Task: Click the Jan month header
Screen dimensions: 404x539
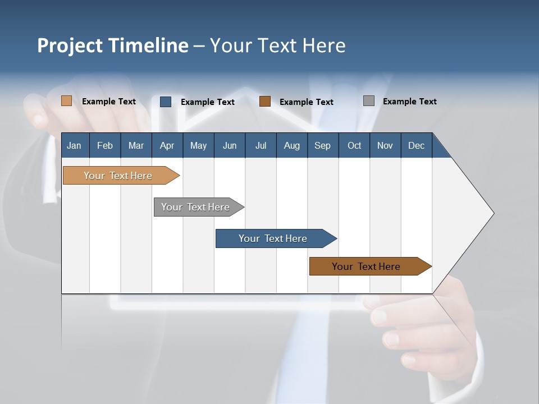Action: click(x=74, y=145)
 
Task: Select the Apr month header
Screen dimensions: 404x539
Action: click(x=167, y=145)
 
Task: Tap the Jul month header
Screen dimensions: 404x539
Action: click(x=261, y=145)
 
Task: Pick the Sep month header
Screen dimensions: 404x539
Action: click(x=322, y=145)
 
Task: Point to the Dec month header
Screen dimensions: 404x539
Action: click(x=416, y=145)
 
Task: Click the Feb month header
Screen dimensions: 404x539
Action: click(x=105, y=145)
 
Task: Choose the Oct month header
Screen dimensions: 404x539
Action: click(x=354, y=145)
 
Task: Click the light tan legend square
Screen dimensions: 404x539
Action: click(x=66, y=101)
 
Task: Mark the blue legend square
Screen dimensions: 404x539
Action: click(x=166, y=102)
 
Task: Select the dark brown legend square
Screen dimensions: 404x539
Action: click(x=265, y=102)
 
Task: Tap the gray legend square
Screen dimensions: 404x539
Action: click(x=369, y=101)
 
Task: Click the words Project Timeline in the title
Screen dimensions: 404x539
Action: click(x=113, y=45)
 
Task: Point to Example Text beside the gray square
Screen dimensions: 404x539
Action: click(x=410, y=102)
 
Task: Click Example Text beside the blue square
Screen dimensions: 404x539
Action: click(x=208, y=102)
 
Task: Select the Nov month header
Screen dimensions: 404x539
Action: click(x=385, y=145)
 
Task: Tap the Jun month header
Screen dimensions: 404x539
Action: click(x=230, y=145)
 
